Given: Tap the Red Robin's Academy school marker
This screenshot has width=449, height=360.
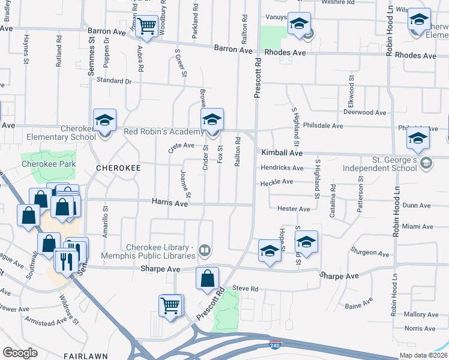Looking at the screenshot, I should point(212,119).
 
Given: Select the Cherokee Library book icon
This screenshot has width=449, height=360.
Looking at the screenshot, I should point(205,250).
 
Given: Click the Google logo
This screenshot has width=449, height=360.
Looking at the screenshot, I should point(20,352).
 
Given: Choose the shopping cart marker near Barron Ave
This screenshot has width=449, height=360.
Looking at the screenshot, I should point(146,26).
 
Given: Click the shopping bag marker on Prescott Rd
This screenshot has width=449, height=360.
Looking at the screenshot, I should point(207,279).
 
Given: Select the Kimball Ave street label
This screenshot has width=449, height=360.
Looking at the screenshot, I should point(282,153).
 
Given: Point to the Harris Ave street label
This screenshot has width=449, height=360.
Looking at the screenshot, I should point(170,204).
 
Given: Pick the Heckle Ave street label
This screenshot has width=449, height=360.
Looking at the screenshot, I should point(277,182).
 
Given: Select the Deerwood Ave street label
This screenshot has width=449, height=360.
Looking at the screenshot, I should point(364,112).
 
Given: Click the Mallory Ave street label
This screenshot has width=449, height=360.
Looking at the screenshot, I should point(421,314).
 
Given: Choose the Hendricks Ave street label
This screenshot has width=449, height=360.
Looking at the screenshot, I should point(282,168).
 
